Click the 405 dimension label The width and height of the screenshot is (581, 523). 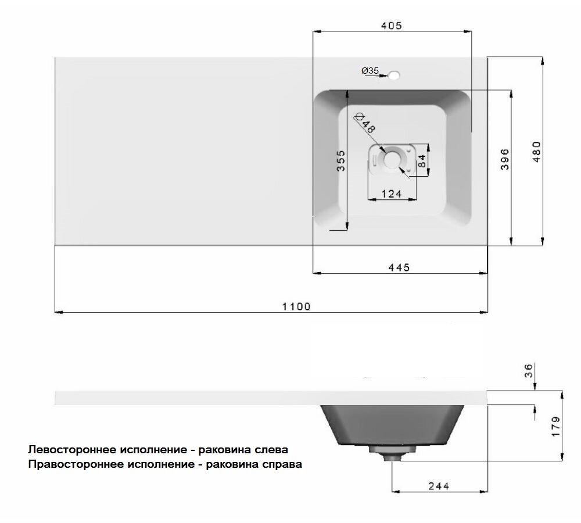pyautogui.click(x=392, y=26)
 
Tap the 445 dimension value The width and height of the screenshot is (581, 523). pyautogui.click(x=399, y=267)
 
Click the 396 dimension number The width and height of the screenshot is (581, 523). pyautogui.click(x=504, y=159)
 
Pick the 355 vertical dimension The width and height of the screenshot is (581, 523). pyautogui.click(x=340, y=161)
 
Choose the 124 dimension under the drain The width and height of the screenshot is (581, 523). pyautogui.click(x=392, y=194)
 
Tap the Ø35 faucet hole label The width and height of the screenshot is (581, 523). pyautogui.click(x=370, y=70)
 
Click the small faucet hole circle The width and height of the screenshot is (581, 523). pyautogui.click(x=394, y=75)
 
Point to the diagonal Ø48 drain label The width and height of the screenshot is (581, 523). pyautogui.click(x=364, y=123)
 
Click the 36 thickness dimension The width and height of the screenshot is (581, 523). pyautogui.click(x=529, y=371)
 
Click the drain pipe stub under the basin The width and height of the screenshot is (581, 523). pyautogui.click(x=392, y=456)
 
